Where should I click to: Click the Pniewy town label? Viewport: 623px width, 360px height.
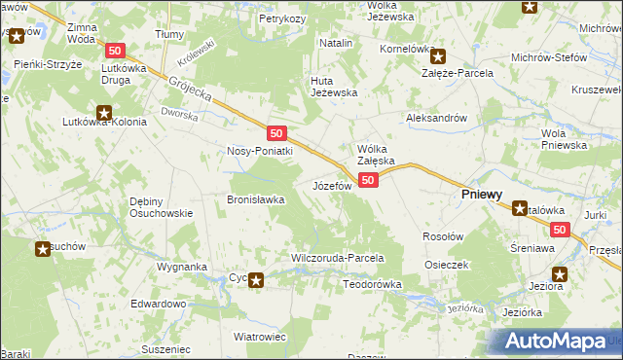coord(481,195)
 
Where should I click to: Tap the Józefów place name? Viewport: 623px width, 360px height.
coord(331,185)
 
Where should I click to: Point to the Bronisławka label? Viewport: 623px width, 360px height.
coord(255,198)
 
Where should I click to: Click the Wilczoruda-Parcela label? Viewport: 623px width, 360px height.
coord(338,259)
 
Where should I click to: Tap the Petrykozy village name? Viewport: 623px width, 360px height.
coord(284,18)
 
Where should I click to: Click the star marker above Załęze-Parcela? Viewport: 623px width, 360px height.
coord(439,56)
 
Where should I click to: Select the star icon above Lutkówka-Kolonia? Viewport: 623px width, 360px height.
coord(104,110)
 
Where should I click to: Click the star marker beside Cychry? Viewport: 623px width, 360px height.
coord(256,281)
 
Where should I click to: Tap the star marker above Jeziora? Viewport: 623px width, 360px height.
coord(559,273)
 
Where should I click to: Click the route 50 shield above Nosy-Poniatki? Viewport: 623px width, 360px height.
coord(277,132)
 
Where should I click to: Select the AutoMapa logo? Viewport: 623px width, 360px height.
coord(556,342)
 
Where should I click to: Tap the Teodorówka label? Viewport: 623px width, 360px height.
coord(373,284)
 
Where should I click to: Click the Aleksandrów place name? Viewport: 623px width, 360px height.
coord(437,118)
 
